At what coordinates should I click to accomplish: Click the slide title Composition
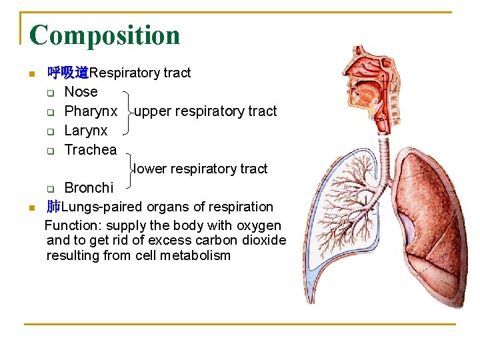coord(105,35)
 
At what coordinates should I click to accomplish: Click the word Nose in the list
coord(81,92)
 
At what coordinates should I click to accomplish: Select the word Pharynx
coord(91,111)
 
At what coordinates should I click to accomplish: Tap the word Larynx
coord(86,131)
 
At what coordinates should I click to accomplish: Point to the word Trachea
coord(90,150)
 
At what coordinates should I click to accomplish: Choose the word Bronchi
coord(89,188)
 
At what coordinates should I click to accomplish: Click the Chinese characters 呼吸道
coord(68,73)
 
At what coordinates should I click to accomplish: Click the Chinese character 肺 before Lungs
coord(53,207)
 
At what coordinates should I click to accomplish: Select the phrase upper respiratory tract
coord(205,111)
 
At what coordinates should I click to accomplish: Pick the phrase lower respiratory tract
coord(200,169)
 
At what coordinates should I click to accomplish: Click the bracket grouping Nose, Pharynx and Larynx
coord(126,111)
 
